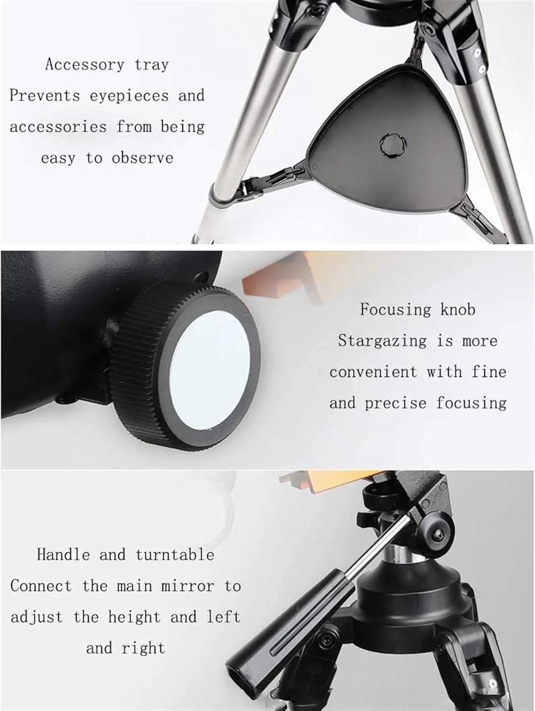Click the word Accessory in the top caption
[x=84, y=64]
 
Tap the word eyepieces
[x=129, y=96]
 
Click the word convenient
[x=373, y=372]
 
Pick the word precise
[x=396, y=403]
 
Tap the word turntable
[x=175, y=555]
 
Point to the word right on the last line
[x=143, y=648]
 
